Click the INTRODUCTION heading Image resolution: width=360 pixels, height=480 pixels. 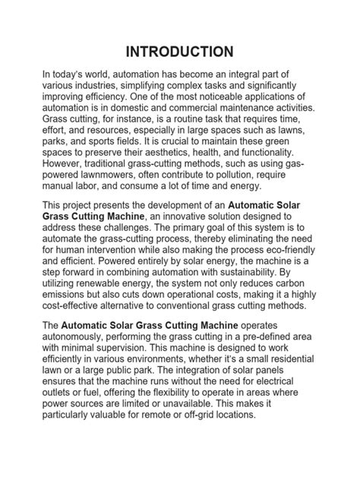click(x=180, y=52)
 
